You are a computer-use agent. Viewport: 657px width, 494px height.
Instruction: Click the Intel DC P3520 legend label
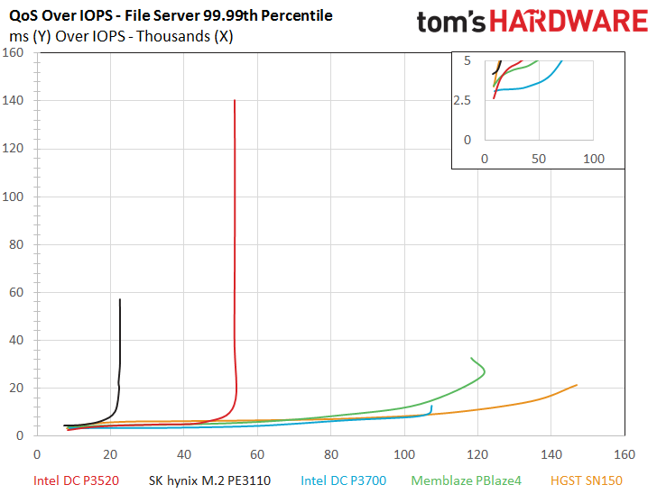tap(76, 480)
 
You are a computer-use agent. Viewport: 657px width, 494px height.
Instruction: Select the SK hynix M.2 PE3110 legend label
tap(209, 480)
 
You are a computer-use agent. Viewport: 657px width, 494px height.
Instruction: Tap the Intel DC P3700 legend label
tap(344, 480)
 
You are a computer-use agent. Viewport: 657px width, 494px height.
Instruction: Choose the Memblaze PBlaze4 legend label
tap(467, 480)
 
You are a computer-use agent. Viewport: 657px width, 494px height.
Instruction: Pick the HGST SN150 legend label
tap(587, 480)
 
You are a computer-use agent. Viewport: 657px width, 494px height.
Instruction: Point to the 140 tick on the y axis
tap(13, 100)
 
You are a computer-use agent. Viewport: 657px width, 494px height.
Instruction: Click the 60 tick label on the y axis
tap(16, 292)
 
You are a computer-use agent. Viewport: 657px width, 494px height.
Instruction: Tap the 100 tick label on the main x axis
tap(404, 454)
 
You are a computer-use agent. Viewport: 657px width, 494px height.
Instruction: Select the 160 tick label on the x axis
tap(625, 454)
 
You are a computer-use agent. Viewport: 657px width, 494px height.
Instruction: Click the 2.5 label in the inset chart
tap(462, 100)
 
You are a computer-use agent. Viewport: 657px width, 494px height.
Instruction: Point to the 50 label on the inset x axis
tap(539, 159)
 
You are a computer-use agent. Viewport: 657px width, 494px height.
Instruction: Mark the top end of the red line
tap(235, 100)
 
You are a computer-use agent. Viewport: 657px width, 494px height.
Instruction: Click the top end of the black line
tap(120, 299)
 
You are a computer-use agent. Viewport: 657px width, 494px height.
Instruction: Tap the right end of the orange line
tap(577, 385)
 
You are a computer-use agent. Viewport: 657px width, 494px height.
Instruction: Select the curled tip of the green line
tap(471, 358)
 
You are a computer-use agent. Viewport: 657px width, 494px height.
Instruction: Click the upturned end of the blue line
tap(431, 406)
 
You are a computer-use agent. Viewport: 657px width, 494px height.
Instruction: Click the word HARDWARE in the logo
tap(569, 22)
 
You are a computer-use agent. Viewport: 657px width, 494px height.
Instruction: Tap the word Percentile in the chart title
tap(297, 15)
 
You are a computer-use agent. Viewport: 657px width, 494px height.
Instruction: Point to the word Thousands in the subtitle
tap(173, 36)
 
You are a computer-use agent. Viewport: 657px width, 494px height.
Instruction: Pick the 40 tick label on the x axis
tap(184, 454)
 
